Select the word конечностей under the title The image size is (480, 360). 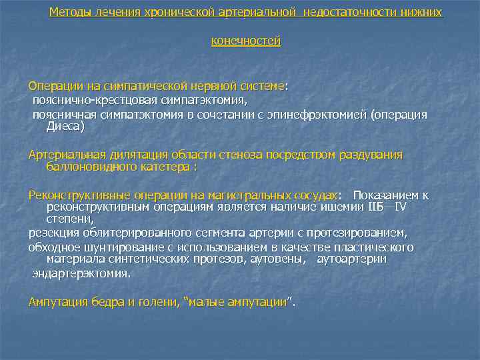coord(246,41)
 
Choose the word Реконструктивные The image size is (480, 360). coord(73,195)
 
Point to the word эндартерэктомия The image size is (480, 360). coord(81,273)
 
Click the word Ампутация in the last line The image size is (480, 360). coord(55,302)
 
